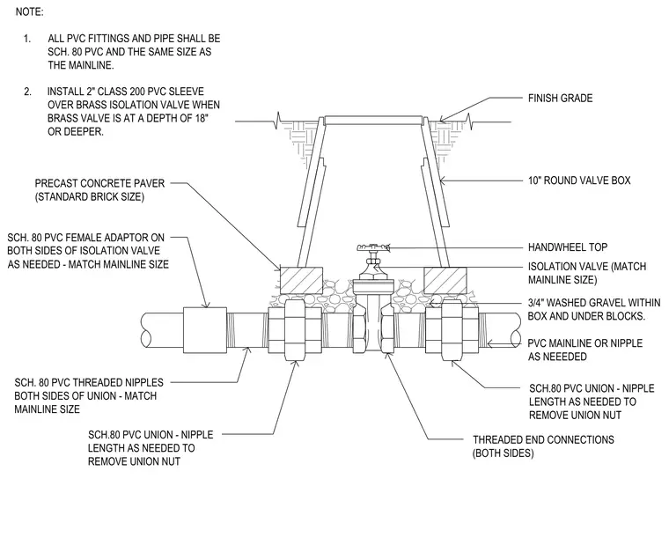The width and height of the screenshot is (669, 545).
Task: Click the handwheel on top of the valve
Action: click(x=373, y=247)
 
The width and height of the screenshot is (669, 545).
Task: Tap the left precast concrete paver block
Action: click(x=301, y=280)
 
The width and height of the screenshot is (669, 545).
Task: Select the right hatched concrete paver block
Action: click(x=445, y=280)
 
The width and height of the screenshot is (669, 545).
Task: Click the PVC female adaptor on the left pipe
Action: click(x=205, y=330)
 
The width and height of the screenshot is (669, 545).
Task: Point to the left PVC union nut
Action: click(x=295, y=329)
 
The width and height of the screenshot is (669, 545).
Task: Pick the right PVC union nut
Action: click(x=452, y=329)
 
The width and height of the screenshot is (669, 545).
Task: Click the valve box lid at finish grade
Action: click(x=373, y=120)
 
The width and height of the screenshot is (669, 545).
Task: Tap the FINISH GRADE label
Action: click(x=560, y=98)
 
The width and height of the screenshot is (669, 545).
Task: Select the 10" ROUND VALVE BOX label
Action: click(x=579, y=180)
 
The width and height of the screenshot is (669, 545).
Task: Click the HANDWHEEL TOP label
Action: click(x=568, y=247)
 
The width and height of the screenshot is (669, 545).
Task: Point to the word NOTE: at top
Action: click(x=29, y=12)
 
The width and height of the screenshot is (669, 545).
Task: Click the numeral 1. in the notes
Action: click(x=27, y=39)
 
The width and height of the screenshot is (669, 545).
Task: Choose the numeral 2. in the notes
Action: click(x=28, y=92)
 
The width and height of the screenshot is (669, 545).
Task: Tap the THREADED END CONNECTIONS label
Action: click(x=543, y=439)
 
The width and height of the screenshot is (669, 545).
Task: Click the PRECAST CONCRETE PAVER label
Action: click(x=99, y=183)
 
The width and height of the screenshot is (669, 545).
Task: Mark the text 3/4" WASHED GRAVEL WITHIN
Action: click(x=594, y=303)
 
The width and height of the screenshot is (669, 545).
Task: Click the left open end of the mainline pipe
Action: click(x=146, y=330)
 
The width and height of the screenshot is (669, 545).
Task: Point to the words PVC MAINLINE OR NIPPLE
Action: click(x=585, y=343)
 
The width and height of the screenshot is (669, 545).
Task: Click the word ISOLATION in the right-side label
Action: click(x=552, y=267)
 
